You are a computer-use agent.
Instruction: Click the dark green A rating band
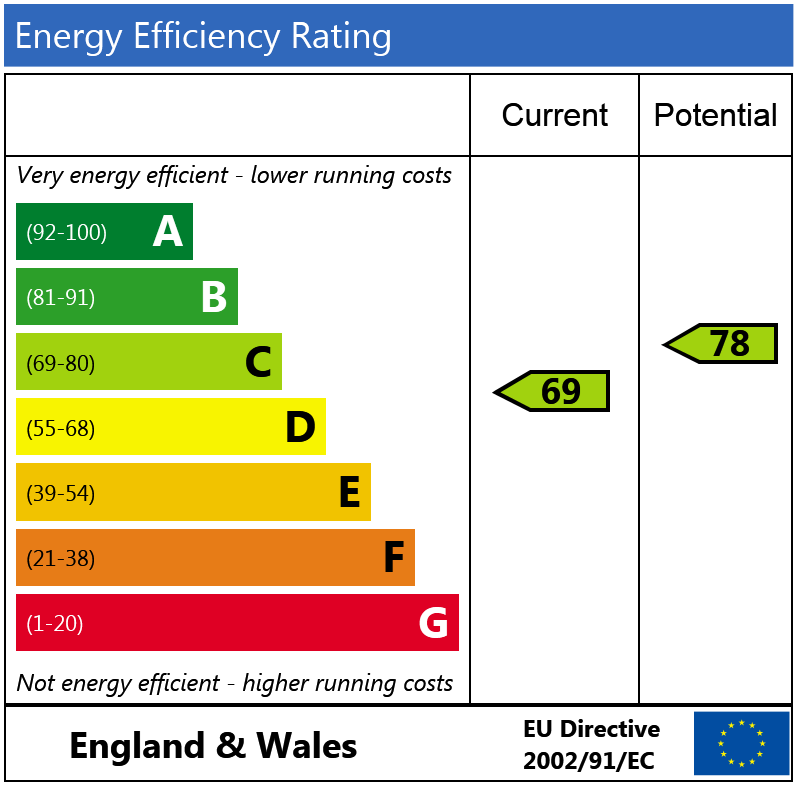click(x=104, y=232)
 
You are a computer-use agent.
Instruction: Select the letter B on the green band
click(x=214, y=297)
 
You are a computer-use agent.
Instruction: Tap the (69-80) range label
click(x=61, y=363)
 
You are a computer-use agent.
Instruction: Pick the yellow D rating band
click(x=170, y=427)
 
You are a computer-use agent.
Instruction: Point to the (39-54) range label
click(x=61, y=493)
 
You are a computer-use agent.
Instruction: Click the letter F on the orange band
click(x=394, y=558)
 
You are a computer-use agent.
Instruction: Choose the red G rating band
click(x=237, y=623)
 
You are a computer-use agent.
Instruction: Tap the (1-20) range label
click(x=55, y=624)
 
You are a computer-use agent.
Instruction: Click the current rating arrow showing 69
click(x=553, y=391)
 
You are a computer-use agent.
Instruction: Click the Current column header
click(x=554, y=115)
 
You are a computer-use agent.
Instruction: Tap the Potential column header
click(x=715, y=115)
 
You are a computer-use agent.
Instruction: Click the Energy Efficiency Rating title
click(x=203, y=37)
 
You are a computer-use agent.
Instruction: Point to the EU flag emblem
click(x=741, y=743)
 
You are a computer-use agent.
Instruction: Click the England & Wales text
click(x=213, y=746)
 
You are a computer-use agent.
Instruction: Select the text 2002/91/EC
click(x=588, y=761)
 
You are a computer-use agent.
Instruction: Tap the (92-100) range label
click(x=66, y=233)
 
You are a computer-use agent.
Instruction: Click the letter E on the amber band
click(x=349, y=493)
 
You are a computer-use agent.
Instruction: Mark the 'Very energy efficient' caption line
click(x=235, y=176)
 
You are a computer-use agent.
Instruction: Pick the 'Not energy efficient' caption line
click(x=235, y=684)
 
